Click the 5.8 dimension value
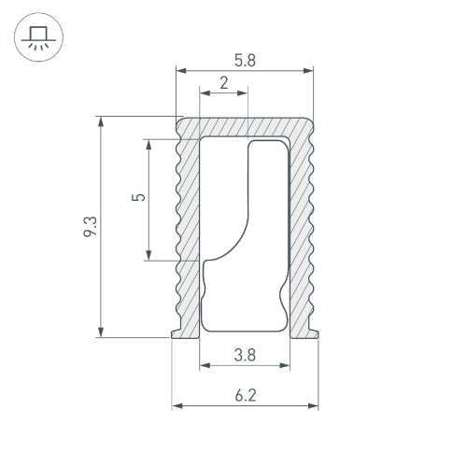tap(244, 59)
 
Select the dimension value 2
tap(223, 82)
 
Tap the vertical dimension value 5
tap(139, 198)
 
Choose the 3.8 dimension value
tap(244, 355)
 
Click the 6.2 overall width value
tap(245, 395)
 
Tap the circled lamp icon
tap(37, 38)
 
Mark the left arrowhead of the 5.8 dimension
tap(180, 70)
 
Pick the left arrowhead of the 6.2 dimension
tap(177, 406)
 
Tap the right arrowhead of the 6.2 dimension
tap(314, 406)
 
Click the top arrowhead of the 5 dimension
tap(149, 144)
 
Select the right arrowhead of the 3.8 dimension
tap(285, 366)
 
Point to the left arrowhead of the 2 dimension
tap(204, 92)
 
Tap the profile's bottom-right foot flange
tap(314, 332)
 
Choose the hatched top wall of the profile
tap(245, 127)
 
